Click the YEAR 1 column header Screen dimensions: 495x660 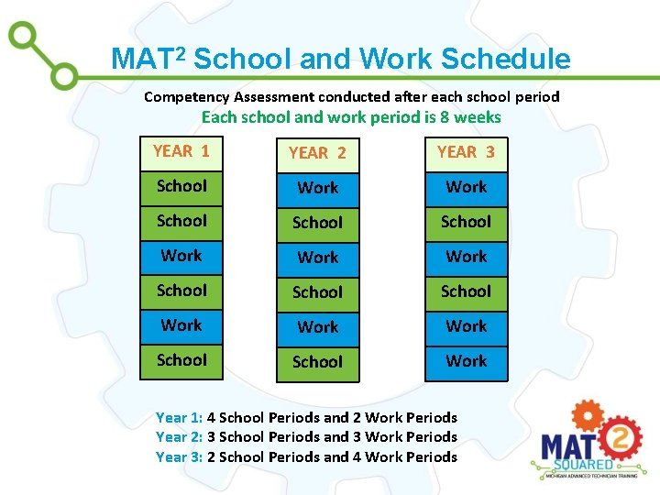coord(181,152)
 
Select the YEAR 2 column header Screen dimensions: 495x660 coord(317,153)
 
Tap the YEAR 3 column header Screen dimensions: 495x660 coord(466,152)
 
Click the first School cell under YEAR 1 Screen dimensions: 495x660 coord(181,186)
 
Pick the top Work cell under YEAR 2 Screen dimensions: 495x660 coord(317,188)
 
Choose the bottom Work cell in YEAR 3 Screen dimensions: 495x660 coord(466,361)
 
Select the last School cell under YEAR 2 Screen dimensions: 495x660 coord(317,362)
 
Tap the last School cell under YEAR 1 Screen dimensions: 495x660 coord(181,360)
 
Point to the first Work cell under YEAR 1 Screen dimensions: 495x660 coord(181,256)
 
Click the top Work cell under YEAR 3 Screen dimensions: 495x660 coord(466,187)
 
